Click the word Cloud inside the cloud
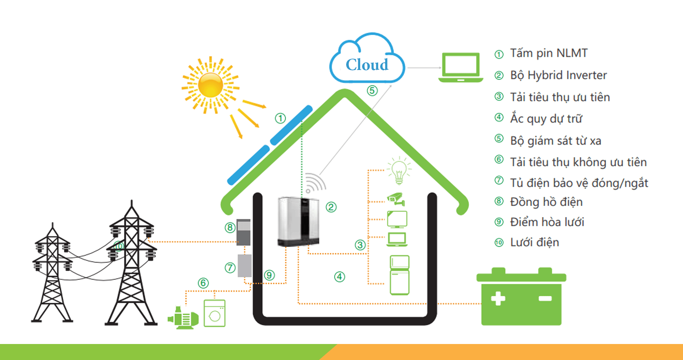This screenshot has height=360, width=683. (x=367, y=65)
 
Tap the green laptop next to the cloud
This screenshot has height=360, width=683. (x=461, y=67)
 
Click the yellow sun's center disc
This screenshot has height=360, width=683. (x=210, y=85)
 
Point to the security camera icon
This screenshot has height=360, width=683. (x=396, y=199)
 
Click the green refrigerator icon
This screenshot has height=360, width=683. (x=400, y=275)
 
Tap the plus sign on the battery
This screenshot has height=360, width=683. (x=498, y=298)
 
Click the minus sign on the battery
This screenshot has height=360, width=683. (x=545, y=298)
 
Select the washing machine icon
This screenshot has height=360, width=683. (x=214, y=313)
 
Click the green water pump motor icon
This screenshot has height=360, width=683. (x=183, y=318)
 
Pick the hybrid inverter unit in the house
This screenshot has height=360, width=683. (x=298, y=222)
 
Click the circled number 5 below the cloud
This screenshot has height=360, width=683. (x=372, y=90)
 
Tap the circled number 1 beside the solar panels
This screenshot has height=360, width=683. (x=280, y=118)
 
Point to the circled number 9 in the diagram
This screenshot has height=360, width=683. (x=269, y=275)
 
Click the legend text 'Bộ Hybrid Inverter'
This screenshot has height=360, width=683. (x=558, y=75)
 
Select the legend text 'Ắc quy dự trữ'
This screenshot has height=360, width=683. (x=546, y=119)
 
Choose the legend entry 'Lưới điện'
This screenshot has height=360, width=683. (x=534, y=242)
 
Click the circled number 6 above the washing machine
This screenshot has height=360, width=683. (x=203, y=283)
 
